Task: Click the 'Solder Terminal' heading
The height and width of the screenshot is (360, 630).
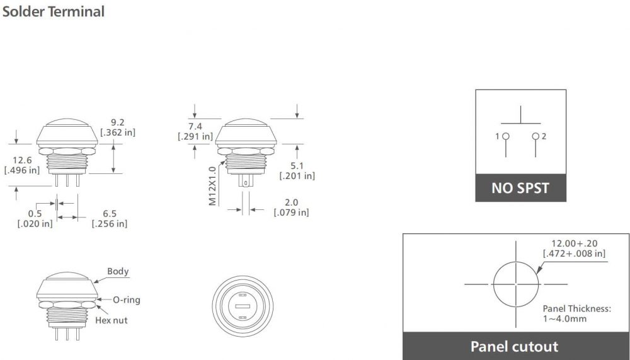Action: coord(53,11)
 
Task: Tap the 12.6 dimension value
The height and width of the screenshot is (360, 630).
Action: coord(21,160)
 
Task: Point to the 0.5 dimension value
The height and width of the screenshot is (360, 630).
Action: coord(35,213)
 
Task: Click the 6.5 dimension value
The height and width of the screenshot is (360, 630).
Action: coord(109,213)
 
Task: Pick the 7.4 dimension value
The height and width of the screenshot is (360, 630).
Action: coord(195,126)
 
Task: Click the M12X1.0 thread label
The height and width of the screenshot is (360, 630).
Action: coord(212,185)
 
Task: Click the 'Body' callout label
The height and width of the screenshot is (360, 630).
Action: coord(118,272)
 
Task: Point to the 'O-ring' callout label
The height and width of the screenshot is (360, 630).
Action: coord(127,299)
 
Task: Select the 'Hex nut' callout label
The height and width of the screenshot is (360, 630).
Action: coord(111,320)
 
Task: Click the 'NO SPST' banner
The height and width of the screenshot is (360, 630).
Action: coord(520,188)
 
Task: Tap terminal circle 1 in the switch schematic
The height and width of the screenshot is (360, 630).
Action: coord(505,137)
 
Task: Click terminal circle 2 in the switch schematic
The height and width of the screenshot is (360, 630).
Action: coord(535,137)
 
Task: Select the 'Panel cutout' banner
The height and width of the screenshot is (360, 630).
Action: coord(514,346)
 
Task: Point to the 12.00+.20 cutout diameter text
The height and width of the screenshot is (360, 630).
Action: coord(574,243)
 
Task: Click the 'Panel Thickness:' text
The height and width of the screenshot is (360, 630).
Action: coord(576,309)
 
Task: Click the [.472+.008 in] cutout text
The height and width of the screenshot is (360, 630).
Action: coord(574,253)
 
